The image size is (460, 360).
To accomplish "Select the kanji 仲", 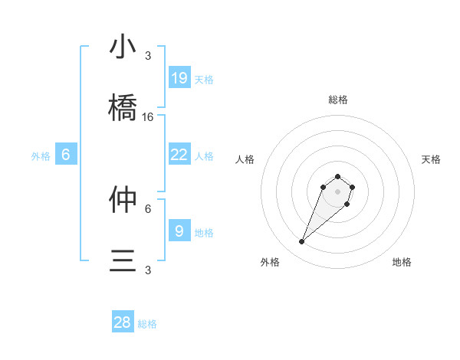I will [x=123, y=201].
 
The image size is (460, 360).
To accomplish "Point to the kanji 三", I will [x=123, y=262].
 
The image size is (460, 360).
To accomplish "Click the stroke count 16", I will [x=148, y=117].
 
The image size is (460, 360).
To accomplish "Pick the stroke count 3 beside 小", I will [x=148, y=56].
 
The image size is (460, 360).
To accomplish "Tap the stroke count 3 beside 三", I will [x=148, y=270].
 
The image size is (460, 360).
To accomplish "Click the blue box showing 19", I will [x=179, y=77].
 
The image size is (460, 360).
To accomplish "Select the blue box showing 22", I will [x=179, y=155].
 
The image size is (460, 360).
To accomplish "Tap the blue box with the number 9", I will [x=179, y=231].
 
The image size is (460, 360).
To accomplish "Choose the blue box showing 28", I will [x=123, y=322].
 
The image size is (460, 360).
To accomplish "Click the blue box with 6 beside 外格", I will [x=66, y=155].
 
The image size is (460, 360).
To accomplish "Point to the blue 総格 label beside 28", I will [x=147, y=324].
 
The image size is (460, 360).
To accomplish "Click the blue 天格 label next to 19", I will [x=204, y=79].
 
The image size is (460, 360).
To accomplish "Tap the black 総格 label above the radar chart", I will [x=337, y=100].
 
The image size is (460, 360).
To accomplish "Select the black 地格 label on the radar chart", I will [x=402, y=262].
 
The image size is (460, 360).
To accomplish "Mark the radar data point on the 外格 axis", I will [x=302, y=242].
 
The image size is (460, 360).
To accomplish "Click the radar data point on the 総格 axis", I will [x=337, y=175].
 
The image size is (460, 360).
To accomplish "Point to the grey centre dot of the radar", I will [x=337, y=191].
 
